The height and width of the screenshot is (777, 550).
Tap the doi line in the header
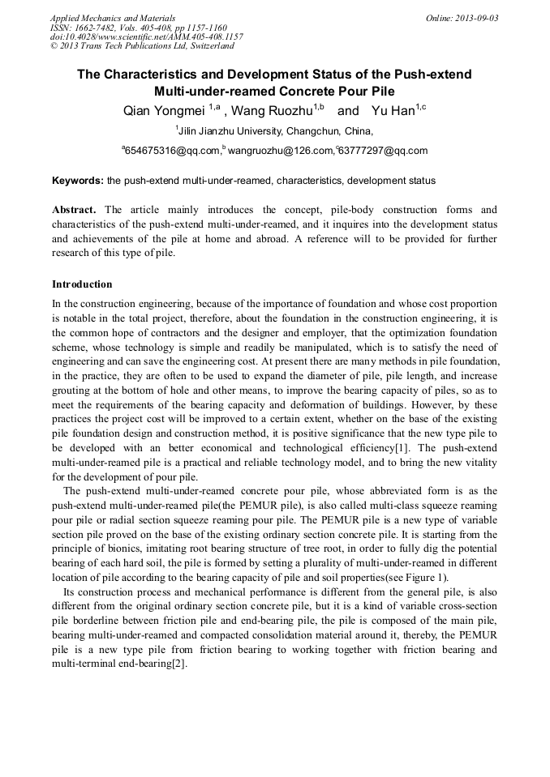coord(146,36)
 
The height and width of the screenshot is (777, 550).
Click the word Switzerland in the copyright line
coord(209,46)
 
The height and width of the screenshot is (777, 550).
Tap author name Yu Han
coord(393,110)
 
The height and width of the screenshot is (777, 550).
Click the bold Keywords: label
coord(78,181)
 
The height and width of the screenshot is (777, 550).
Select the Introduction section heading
coord(82,284)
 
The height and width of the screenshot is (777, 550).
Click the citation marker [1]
coord(401,448)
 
